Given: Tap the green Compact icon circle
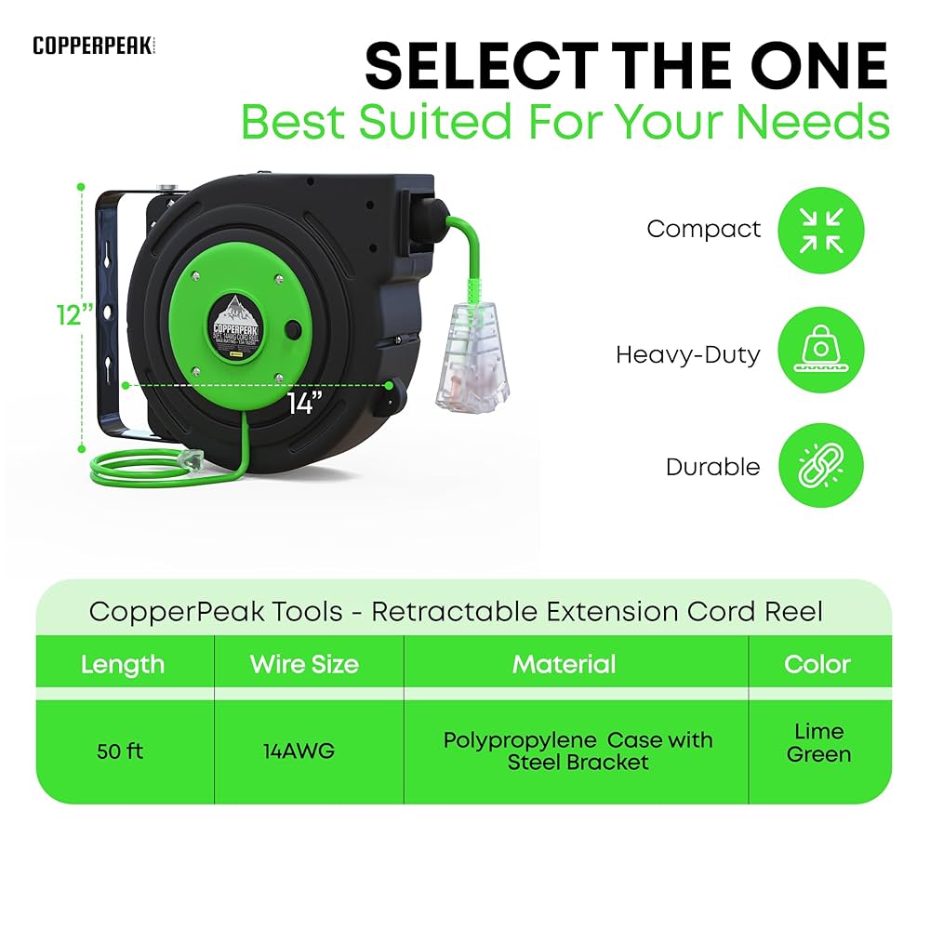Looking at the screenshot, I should coord(821,231).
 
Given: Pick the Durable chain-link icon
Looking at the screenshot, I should coord(821,466).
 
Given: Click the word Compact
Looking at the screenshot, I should coord(703,229).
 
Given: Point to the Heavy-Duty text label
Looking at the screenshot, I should coord(687,354).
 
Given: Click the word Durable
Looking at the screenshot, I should coord(712,467).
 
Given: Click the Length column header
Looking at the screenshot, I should coord(123,664).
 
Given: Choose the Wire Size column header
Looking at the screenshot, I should coord(304,664).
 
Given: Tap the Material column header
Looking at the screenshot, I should coord(564,664).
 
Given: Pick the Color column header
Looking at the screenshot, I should coord(817,664).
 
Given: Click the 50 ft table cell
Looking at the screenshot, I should coord(120,751).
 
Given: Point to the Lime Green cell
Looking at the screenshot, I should coord(818,742).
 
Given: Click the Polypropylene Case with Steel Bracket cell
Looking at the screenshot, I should coord(578,751).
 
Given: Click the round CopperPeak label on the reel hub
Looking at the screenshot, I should coord(237,329).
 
